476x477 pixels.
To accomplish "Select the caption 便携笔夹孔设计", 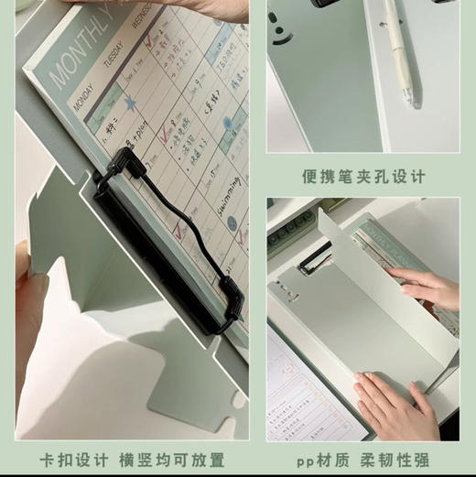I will click(x=363, y=175).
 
